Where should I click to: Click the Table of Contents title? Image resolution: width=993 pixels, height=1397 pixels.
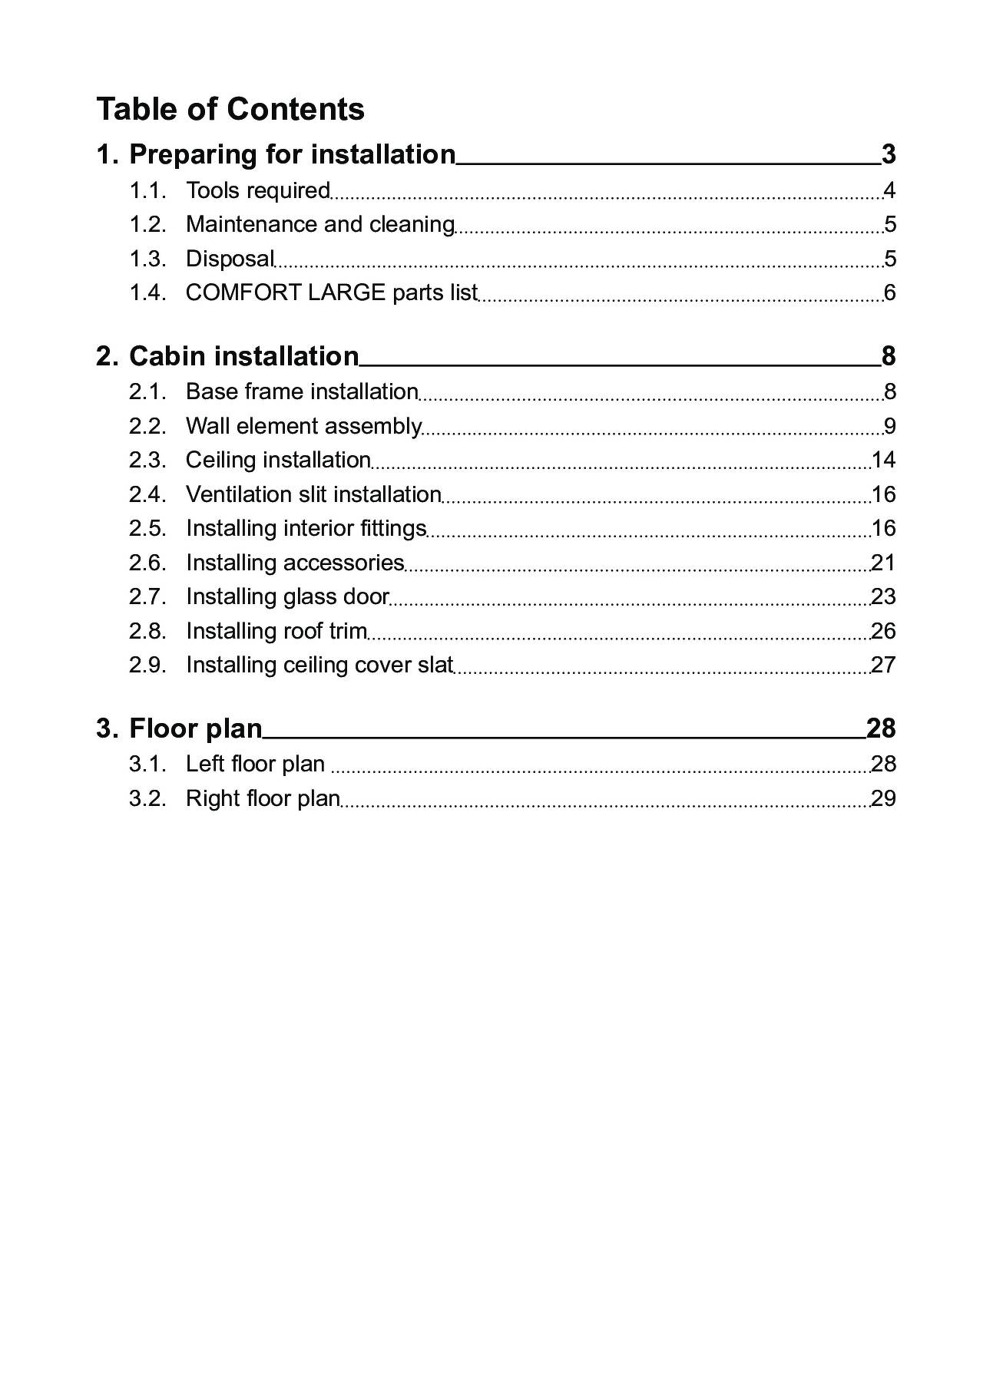230,109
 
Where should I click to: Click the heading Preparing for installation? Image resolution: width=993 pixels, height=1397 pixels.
292,154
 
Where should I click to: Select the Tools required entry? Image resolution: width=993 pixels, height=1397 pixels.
257,190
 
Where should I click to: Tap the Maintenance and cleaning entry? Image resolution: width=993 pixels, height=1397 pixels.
319,224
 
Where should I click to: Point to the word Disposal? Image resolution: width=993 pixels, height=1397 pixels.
230,259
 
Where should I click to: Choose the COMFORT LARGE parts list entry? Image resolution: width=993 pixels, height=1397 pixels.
331,292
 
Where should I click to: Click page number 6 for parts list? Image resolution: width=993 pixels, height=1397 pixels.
889,292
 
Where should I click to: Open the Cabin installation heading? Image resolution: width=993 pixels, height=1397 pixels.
243,356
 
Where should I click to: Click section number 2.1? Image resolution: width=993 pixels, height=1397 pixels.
147,391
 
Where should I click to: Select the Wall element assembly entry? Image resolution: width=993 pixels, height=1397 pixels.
303,426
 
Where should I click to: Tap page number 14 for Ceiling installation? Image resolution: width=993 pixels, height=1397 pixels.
883,460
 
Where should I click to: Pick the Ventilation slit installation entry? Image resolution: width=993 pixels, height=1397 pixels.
313,494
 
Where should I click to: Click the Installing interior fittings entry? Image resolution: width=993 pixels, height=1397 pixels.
306,528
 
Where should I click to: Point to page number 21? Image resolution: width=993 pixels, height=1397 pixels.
883,563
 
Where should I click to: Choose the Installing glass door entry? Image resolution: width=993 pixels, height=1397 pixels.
287,596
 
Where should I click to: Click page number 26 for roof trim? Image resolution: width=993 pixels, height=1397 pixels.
883,631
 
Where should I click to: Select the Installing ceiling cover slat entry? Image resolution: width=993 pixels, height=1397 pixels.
319,665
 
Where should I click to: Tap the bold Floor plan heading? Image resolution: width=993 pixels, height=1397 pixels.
195,728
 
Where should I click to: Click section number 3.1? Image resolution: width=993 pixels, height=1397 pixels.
147,764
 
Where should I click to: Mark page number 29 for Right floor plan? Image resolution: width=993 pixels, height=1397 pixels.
883,798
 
